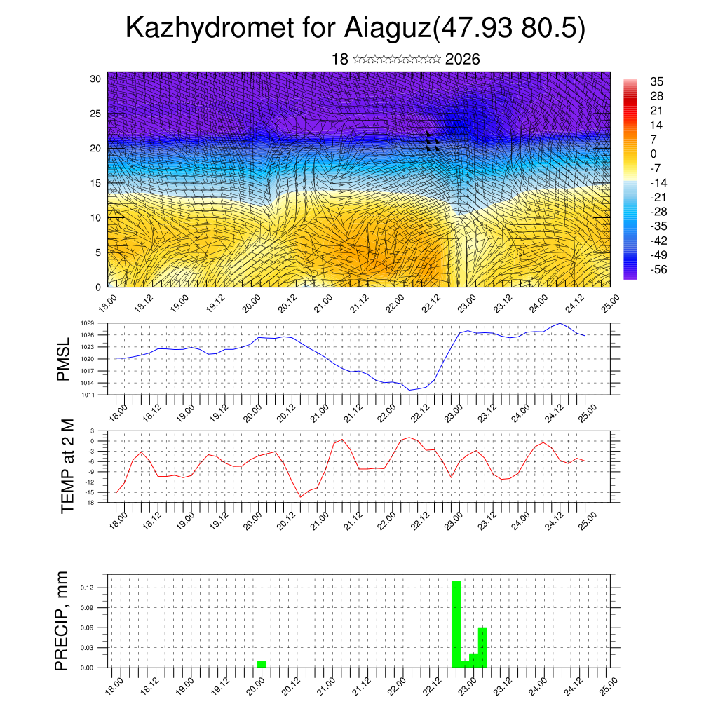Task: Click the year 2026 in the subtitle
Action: (462, 60)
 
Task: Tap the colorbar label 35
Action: (657, 81)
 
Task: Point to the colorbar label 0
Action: (654, 154)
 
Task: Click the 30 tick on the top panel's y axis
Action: (95, 79)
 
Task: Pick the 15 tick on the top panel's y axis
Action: (95, 183)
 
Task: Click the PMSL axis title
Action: (64, 358)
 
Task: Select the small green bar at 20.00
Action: (262, 663)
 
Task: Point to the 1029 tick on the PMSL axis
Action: (88, 323)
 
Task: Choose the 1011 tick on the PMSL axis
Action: (88, 395)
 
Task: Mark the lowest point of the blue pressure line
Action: (409, 390)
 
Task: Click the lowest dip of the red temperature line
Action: (301, 497)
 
